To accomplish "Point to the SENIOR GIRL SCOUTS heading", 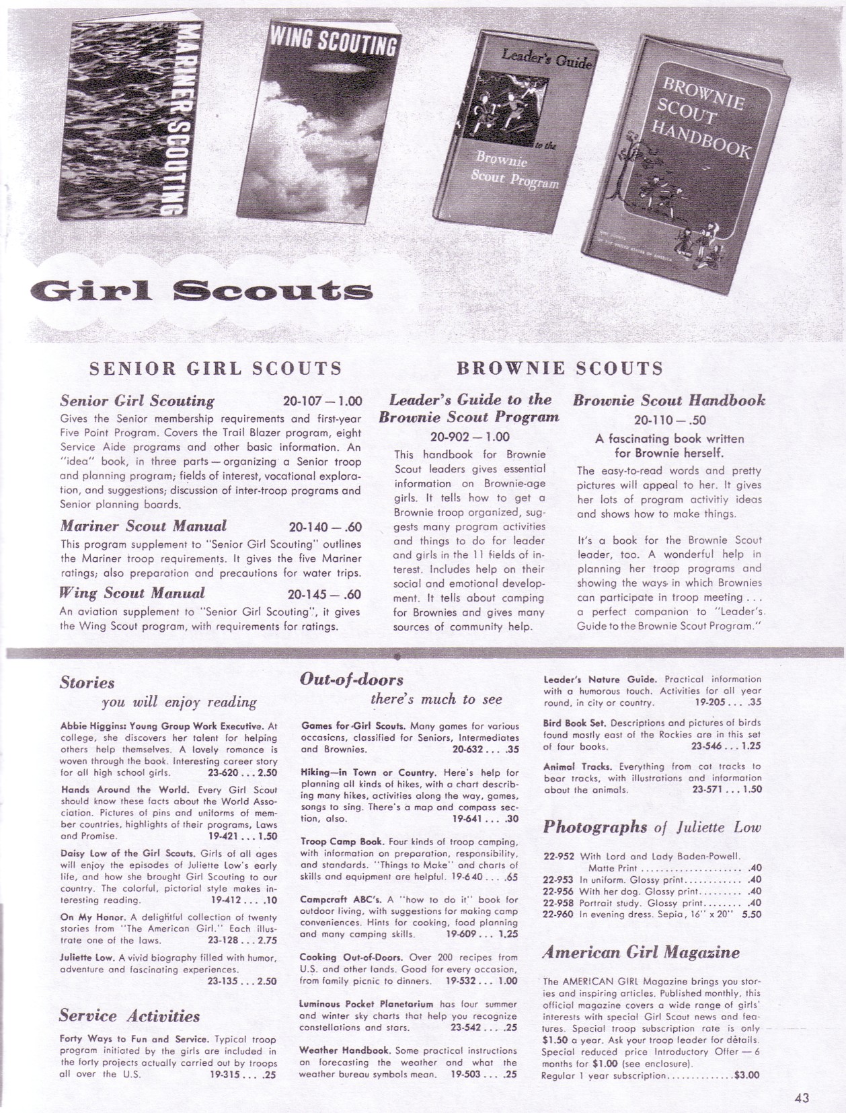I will (216, 368).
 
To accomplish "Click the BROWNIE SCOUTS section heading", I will (560, 368).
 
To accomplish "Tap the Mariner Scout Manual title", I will (143, 526).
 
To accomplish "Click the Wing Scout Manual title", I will (132, 594).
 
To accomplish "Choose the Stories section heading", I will (87, 683).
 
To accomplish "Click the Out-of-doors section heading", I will (352, 679).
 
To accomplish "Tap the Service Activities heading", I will (130, 1015).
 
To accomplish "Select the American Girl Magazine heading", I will (641, 952).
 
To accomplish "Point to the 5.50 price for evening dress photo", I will (751, 914).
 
